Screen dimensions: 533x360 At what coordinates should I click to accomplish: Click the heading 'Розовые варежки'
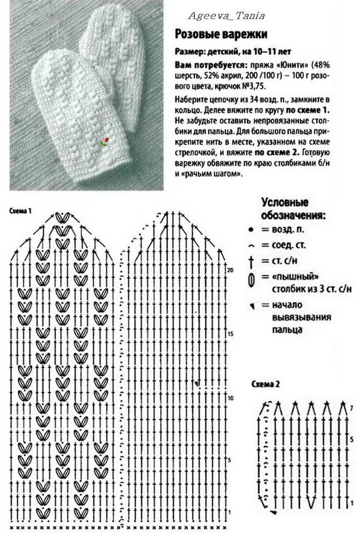click(221, 34)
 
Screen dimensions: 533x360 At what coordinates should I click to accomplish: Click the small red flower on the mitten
click(107, 141)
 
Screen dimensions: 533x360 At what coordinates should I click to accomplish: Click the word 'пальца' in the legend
click(286, 331)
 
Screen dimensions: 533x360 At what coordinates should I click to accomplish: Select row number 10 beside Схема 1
click(231, 397)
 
